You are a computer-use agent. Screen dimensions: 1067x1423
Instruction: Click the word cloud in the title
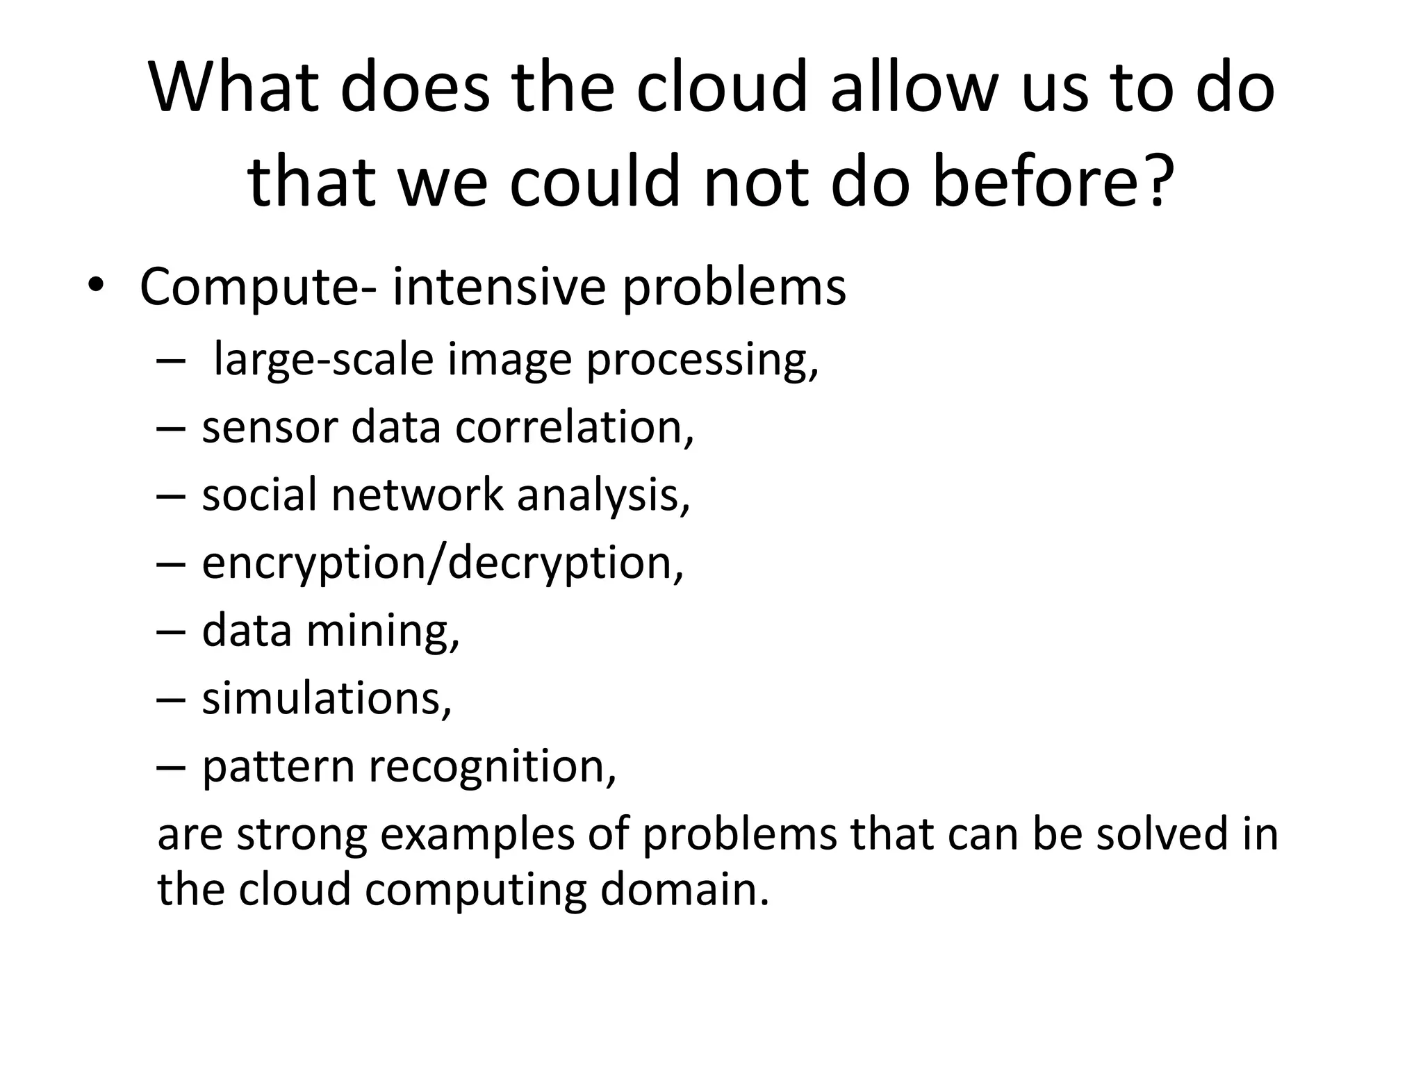[x=722, y=88]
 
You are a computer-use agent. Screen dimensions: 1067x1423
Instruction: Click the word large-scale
[x=323, y=360]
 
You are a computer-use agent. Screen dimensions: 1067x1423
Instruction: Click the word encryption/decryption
[x=442, y=563]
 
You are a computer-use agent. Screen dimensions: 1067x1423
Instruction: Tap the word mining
[x=383, y=631]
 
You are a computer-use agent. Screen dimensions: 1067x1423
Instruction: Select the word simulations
[x=327, y=698]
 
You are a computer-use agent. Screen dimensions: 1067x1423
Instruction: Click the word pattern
[x=278, y=766]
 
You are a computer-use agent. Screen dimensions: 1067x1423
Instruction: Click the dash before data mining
[x=171, y=631]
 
